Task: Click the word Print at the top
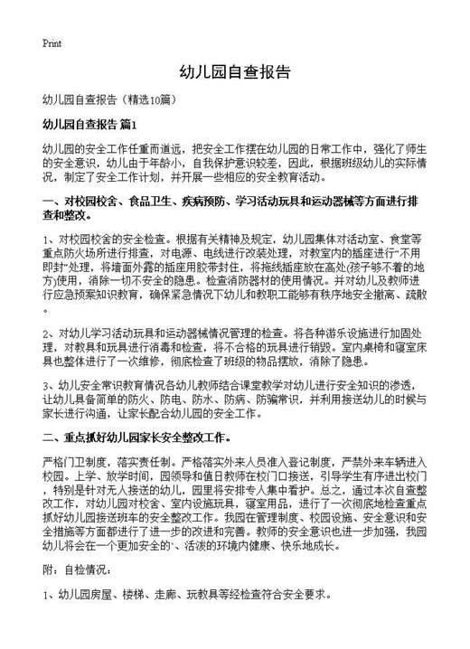pos(52,42)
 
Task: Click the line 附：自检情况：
pos(78,570)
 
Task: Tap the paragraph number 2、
pos(49,334)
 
